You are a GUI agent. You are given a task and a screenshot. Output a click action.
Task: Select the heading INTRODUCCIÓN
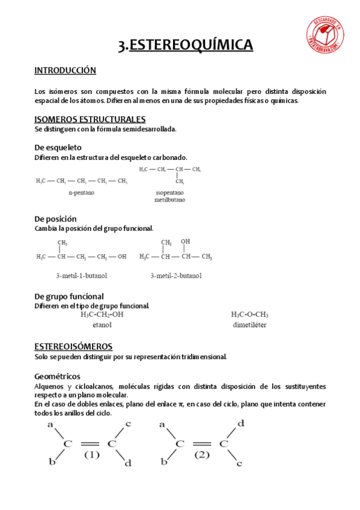65,70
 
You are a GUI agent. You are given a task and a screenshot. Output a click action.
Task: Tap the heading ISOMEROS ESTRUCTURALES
90,119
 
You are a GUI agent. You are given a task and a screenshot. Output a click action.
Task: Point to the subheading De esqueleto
58,147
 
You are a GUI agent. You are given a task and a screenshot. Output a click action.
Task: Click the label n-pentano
81,192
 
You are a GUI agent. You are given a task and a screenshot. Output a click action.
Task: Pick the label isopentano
170,192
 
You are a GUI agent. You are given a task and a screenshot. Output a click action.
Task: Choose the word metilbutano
170,200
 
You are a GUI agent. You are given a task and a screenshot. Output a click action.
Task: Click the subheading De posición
56,219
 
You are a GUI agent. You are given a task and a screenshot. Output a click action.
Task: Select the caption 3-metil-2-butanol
175,275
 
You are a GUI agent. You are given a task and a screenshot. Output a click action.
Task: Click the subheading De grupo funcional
69,296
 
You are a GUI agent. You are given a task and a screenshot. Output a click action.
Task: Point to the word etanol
102,325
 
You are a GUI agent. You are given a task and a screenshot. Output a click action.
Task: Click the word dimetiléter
249,325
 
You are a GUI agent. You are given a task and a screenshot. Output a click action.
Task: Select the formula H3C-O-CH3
249,314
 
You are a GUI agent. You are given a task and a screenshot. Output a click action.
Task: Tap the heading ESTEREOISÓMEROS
73,346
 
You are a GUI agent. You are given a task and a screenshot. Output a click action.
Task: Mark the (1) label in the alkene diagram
91,455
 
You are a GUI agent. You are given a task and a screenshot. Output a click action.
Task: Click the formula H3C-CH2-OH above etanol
102,314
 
